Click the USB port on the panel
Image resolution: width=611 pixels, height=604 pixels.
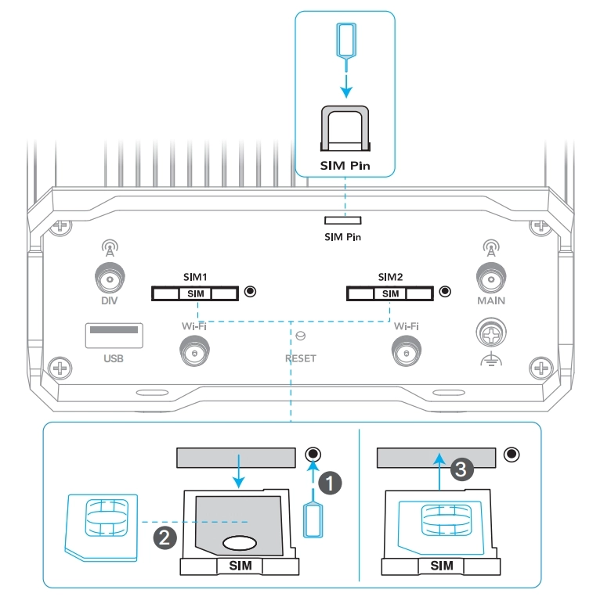pos(114,335)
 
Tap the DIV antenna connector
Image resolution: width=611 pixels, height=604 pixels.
pos(110,279)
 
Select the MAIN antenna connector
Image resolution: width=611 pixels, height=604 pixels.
pos(491,279)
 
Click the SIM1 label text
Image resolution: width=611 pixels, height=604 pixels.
pos(195,277)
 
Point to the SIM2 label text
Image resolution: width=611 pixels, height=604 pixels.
pos(390,277)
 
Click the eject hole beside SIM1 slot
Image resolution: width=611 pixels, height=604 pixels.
pos(250,292)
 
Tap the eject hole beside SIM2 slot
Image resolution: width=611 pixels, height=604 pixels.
pos(445,292)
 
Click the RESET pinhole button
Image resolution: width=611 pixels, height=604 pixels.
pos(301,336)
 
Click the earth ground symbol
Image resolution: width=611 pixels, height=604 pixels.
pos(491,359)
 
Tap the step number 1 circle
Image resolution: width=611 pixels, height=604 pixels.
pos(330,483)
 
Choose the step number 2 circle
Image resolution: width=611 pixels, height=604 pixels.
pos(164,537)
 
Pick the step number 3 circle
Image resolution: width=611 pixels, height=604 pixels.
pos(461,469)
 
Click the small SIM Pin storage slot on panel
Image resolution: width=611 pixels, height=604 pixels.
pos(343,221)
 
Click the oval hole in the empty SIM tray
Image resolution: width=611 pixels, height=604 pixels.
pos(240,543)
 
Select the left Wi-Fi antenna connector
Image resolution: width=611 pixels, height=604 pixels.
pos(194,351)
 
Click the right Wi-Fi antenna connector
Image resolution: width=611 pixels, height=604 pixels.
pos(407,351)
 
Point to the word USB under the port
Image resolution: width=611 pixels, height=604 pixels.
pos(114,358)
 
